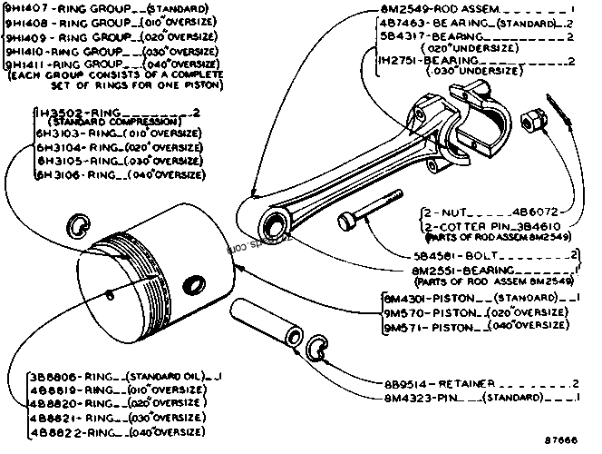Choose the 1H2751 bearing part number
[x=401, y=60]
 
